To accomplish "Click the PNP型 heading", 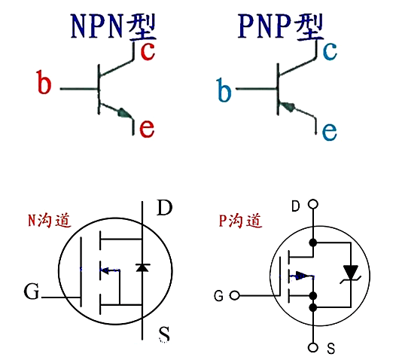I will click(x=279, y=26).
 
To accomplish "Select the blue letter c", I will click(x=329, y=50).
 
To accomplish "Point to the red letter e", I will click(x=147, y=128).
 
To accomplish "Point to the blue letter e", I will click(x=329, y=132).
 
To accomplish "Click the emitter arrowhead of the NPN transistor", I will click(x=122, y=114).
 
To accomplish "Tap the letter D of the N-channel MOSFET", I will click(x=164, y=208).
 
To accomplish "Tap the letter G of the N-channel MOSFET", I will click(x=31, y=291).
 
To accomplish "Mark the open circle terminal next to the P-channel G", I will click(x=235, y=295).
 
